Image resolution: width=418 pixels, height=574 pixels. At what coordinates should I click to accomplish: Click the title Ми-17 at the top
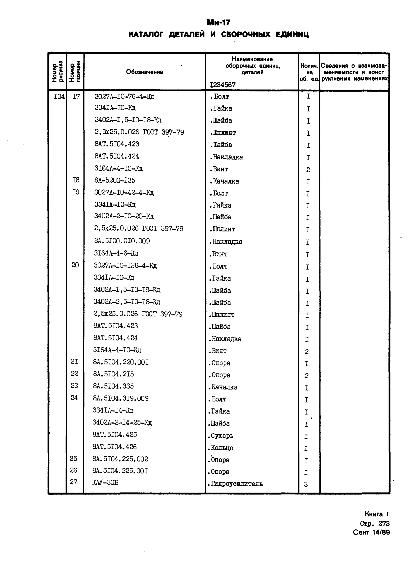(219, 23)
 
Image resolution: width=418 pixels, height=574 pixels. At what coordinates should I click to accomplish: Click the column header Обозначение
(144, 72)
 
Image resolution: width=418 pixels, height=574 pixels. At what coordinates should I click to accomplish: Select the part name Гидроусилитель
(235, 484)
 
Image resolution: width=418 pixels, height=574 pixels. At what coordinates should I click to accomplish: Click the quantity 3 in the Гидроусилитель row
(306, 484)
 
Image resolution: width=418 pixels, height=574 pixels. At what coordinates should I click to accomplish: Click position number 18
(76, 180)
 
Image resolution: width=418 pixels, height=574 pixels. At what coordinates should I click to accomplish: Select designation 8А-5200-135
(115, 180)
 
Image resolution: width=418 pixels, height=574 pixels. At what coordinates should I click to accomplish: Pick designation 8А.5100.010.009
(122, 241)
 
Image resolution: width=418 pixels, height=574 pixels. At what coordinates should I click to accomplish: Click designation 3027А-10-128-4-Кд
(125, 266)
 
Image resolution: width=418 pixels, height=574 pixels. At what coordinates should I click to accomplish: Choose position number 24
(74, 398)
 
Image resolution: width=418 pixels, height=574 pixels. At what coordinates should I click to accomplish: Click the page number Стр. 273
(375, 524)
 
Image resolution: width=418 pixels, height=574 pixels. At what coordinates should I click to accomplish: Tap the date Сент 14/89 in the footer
(371, 532)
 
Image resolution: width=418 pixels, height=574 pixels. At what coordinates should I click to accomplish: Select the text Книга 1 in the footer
(376, 514)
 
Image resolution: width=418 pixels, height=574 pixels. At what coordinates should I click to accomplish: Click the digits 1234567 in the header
(222, 85)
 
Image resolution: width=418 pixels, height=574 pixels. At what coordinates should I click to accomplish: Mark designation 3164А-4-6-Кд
(116, 253)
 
